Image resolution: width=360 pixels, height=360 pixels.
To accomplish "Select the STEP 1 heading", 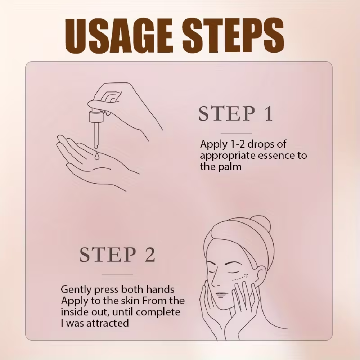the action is tap(235, 113).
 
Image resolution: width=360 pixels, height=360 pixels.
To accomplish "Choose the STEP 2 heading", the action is tap(117, 255).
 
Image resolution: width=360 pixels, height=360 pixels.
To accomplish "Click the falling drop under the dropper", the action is tap(96, 156).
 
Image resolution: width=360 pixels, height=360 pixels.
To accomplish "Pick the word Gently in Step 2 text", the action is tap(76, 290).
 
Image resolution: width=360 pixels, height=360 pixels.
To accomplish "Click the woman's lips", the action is tap(221, 294).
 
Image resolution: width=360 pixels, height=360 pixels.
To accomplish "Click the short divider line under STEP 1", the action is tap(236, 134).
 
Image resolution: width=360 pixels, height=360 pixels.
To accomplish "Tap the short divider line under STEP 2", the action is tap(117, 275).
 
